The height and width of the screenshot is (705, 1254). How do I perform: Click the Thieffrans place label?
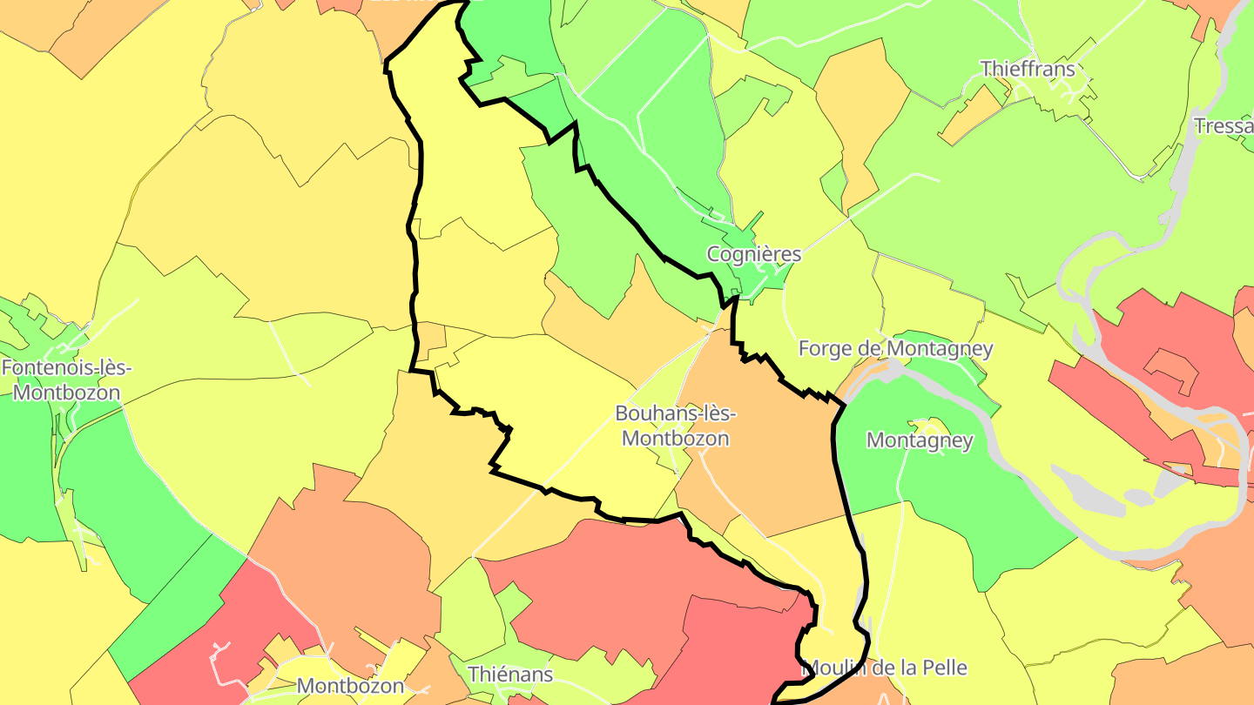(1028, 69)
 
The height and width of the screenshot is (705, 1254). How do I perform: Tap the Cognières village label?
(753, 254)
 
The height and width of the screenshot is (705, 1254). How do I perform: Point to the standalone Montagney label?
(920, 440)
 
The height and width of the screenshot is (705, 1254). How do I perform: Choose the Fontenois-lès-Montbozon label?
(66, 379)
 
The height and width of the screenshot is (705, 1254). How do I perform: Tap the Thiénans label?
(510, 674)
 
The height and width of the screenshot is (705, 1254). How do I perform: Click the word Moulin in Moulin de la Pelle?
(837, 668)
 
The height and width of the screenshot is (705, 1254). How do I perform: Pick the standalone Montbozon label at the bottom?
(350, 686)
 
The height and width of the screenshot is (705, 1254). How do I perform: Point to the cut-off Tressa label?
(1224, 126)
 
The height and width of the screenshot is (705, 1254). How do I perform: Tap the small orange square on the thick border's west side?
(429, 341)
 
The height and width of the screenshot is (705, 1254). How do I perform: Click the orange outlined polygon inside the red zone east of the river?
(1171, 370)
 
